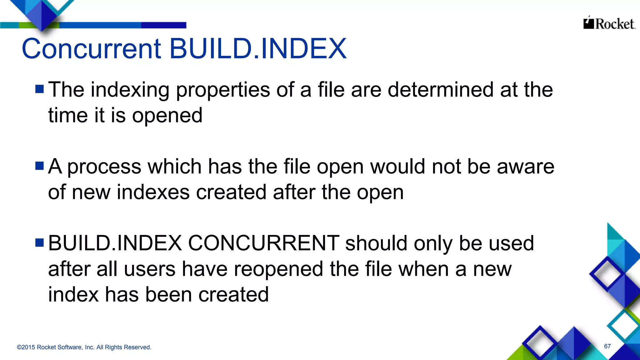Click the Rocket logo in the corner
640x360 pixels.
point(609,23)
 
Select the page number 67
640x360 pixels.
point(607,346)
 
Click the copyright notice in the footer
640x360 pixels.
point(84,347)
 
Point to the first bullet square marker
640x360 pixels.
point(40,89)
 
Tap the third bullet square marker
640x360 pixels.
point(40,242)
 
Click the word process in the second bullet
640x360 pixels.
point(104,167)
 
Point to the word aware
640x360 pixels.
point(526,167)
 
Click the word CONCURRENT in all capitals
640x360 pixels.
point(263,243)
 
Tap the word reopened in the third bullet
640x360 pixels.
point(278,270)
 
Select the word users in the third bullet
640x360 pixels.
point(150,269)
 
